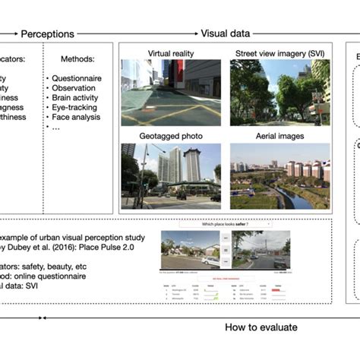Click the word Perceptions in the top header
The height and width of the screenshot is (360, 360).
(47, 34)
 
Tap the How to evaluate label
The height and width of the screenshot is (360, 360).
(261, 327)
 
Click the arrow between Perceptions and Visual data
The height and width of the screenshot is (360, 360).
(136, 34)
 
